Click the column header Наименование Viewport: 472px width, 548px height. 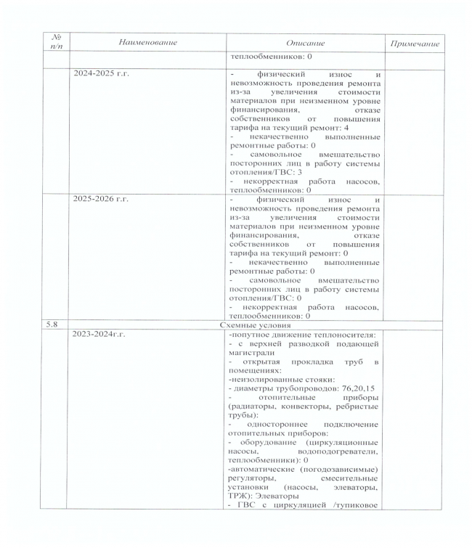pos(147,44)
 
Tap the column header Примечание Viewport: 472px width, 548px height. pos(415,44)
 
